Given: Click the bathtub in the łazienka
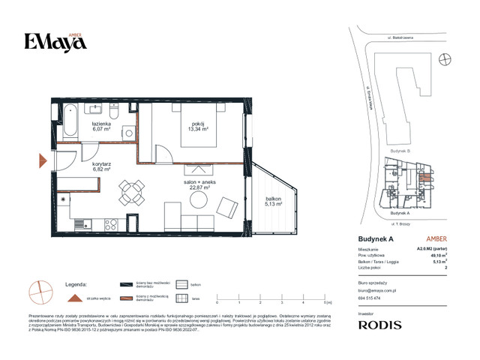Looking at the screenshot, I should (x=72, y=121).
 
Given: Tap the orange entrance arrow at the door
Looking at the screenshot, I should (x=43, y=160).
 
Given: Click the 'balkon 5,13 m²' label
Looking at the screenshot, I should (x=272, y=200).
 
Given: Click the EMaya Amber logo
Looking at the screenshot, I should (x=55, y=41).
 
